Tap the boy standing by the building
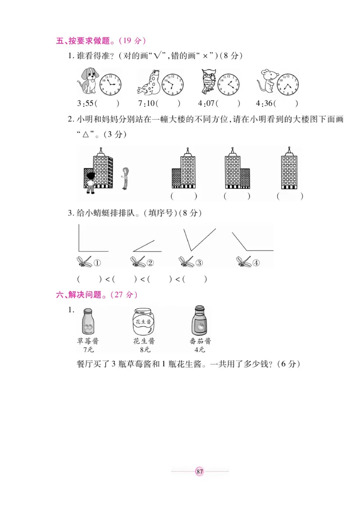(90, 182)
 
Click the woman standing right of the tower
(125, 178)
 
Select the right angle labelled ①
(92, 238)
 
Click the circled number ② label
(150, 263)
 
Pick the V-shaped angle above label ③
(198, 238)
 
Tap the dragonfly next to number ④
(243, 262)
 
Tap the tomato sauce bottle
(200, 320)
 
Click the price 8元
(144, 350)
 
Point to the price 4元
(200, 350)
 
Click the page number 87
(200, 471)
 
